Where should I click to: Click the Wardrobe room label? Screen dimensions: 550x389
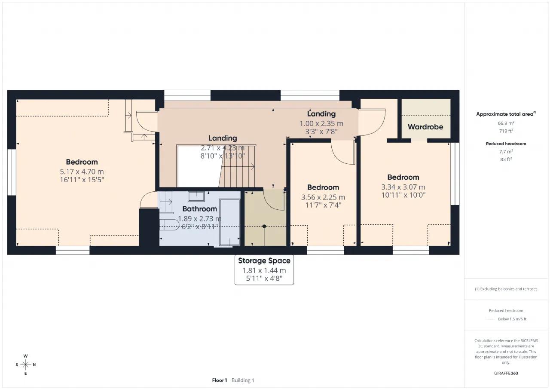(425, 127)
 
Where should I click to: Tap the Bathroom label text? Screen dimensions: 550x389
(200, 209)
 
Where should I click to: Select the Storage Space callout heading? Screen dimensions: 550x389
(264, 260)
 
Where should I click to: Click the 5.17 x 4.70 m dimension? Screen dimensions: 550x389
(82, 172)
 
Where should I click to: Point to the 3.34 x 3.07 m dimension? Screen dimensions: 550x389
(403, 187)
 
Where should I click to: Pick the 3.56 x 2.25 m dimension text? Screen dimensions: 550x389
(323, 197)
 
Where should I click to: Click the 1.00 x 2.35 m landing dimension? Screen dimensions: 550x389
(321, 123)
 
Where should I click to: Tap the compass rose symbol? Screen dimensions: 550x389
(25, 364)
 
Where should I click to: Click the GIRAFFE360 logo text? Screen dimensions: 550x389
(506, 373)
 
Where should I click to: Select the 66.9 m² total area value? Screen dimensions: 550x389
(506, 123)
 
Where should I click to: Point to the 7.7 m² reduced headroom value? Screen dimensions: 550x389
(506, 152)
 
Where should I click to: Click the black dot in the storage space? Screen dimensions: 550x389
(264, 226)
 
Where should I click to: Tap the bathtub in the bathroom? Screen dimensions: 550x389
(229, 222)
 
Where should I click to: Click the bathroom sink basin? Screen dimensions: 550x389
(196, 196)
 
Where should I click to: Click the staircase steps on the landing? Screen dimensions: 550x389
(238, 166)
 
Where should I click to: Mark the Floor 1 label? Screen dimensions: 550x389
(219, 380)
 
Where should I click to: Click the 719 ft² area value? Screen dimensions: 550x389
(506, 131)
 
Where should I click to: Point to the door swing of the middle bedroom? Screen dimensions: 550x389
(343, 152)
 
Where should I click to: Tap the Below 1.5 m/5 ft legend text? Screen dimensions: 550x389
(512, 319)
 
